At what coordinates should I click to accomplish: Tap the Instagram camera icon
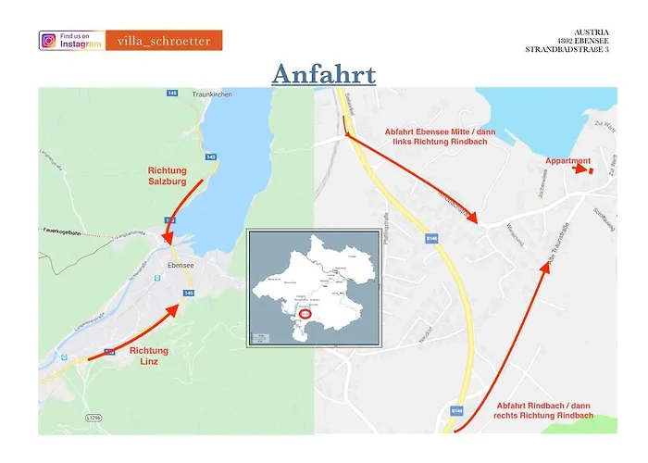(x=49, y=41)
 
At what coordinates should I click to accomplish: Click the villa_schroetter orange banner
(x=164, y=41)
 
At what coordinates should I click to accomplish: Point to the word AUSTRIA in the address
(x=592, y=31)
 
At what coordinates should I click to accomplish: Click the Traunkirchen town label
(x=210, y=95)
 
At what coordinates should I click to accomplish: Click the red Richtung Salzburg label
(x=168, y=176)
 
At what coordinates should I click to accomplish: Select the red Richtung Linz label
(x=149, y=356)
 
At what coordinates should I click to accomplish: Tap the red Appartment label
(x=567, y=161)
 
